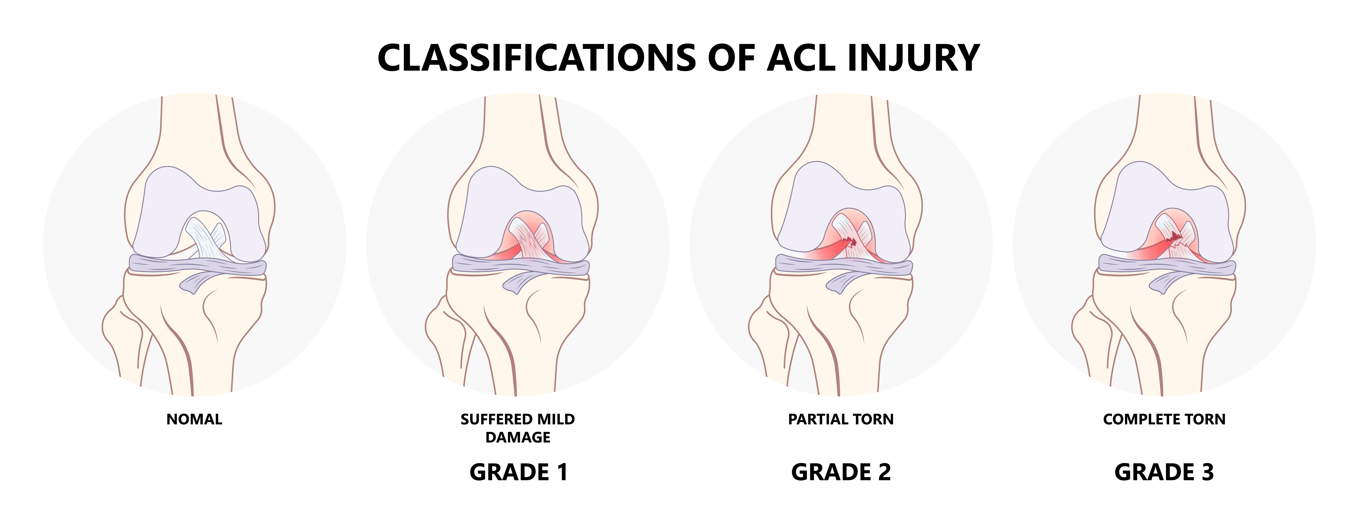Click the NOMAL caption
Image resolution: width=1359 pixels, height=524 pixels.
pos(194,420)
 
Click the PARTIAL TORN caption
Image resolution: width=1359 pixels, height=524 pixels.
pos(841,420)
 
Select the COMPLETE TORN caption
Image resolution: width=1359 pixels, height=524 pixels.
pos(1164,420)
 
